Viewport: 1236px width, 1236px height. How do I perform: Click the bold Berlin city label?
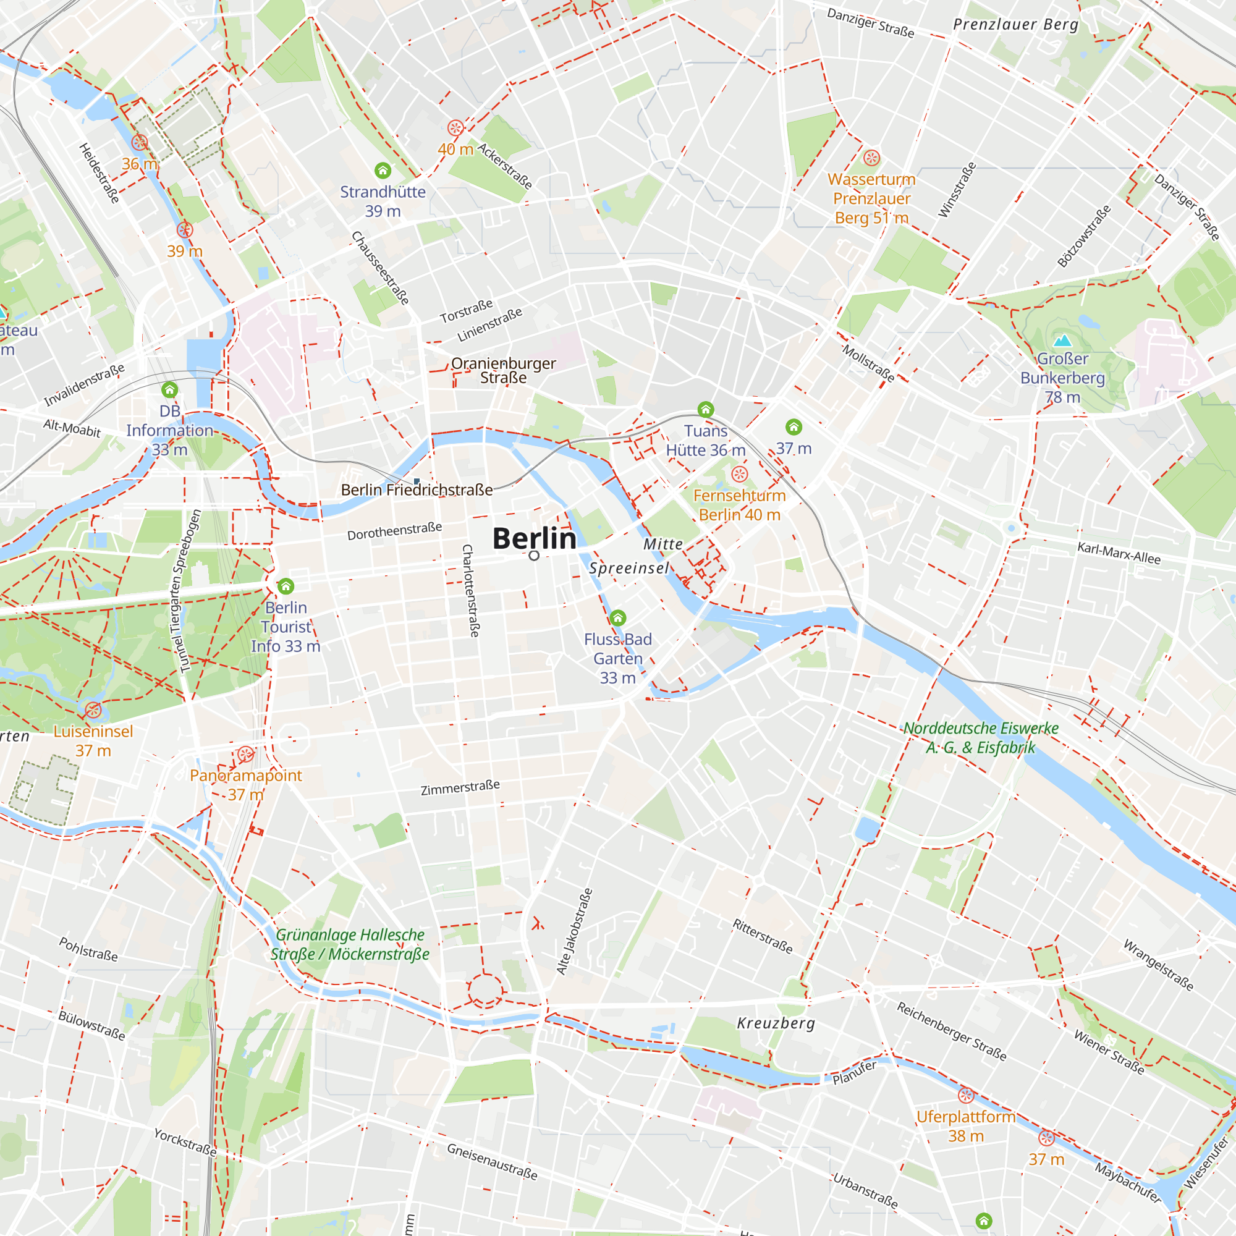point(534,539)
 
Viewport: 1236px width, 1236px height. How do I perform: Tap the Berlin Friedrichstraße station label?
point(417,490)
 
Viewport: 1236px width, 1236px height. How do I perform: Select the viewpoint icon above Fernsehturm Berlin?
point(739,474)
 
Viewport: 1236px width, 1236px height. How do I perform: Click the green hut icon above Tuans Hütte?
point(705,410)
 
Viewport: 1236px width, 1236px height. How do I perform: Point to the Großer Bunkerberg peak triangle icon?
point(1062,340)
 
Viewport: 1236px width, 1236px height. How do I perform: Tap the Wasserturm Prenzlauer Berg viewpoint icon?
point(871,158)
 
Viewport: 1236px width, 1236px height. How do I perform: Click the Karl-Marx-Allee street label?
point(1119,552)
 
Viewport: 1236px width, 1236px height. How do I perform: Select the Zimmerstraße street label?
point(460,787)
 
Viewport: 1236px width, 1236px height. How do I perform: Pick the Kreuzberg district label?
point(776,1023)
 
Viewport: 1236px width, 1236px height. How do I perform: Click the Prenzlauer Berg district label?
point(1015,25)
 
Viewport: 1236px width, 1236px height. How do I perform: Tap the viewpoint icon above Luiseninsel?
point(93,710)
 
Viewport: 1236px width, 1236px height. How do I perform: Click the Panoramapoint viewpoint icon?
point(246,754)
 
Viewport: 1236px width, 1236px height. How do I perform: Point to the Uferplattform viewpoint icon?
point(965,1095)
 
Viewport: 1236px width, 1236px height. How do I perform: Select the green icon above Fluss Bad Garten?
point(617,618)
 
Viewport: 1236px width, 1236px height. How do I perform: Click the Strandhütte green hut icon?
point(383,170)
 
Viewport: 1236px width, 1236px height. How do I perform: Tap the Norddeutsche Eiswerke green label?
point(980,738)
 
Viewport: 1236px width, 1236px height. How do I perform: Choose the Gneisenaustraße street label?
point(492,1161)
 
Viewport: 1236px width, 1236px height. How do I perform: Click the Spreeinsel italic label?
point(629,568)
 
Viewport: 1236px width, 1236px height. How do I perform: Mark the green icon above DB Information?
point(169,389)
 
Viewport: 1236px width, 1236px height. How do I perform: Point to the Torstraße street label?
point(467,311)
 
